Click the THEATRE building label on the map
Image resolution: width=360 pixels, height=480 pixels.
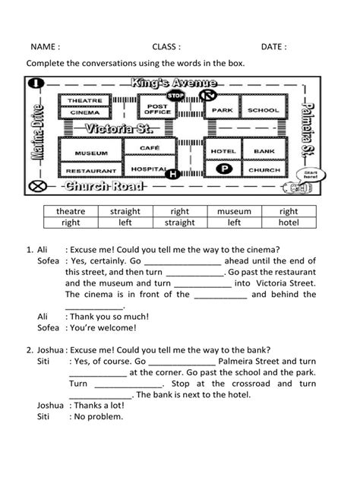point(84,100)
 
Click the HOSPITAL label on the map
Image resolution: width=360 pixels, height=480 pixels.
point(148,169)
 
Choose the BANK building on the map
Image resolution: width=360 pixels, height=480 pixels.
point(265,151)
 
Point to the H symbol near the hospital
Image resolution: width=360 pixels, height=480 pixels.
point(172,175)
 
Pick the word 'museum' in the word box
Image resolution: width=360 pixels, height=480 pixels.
point(234,211)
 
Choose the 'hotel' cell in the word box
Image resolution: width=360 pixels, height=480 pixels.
point(289,223)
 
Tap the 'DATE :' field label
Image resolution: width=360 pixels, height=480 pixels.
point(273,46)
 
